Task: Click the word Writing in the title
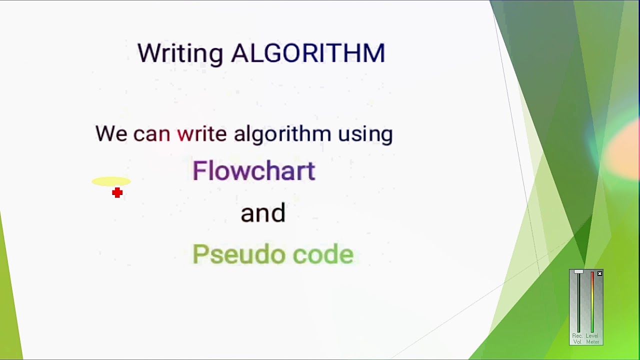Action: [179, 53]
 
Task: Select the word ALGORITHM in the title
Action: [308, 53]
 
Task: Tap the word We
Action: [111, 134]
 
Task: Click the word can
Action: [151, 134]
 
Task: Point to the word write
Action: [201, 133]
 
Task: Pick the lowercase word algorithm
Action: [282, 133]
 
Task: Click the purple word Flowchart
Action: [253, 171]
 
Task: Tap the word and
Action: [263, 213]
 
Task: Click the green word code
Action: [323, 254]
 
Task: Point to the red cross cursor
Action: [117, 193]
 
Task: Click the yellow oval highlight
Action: [111, 181]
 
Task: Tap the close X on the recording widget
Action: [599, 273]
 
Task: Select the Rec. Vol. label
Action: [577, 338]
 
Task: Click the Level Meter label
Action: [592, 338]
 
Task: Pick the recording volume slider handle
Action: [578, 272]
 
